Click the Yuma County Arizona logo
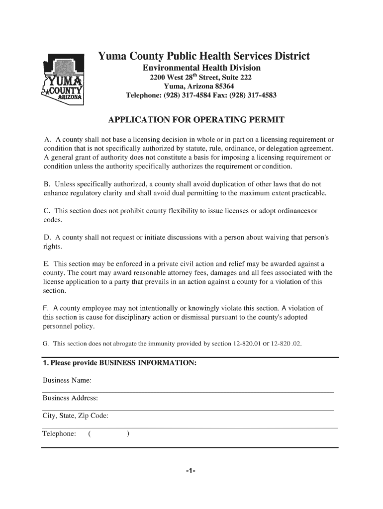64,79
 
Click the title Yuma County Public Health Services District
203,56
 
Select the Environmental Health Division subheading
201,68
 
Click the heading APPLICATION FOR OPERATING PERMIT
196,120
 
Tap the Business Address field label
70,398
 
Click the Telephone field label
59,434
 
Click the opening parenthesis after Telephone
89,434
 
